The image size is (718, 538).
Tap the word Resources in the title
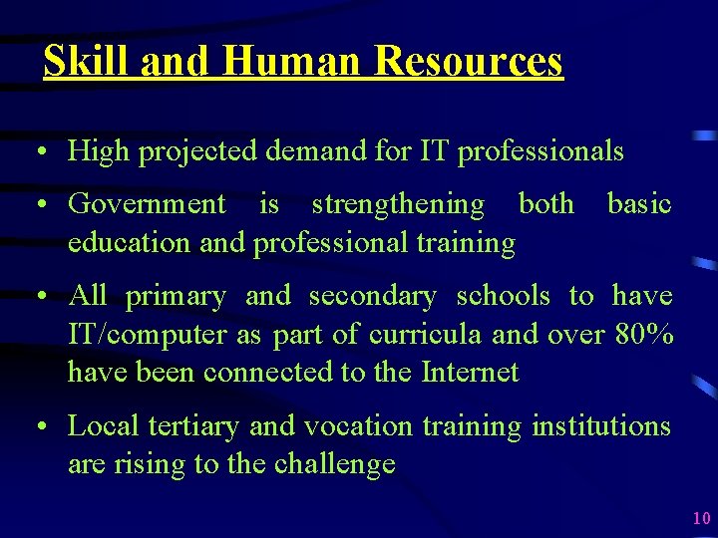click(x=469, y=62)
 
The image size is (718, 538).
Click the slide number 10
click(x=701, y=518)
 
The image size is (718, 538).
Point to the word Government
click(x=147, y=204)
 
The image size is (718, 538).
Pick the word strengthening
click(x=397, y=204)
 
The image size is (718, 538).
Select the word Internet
click(x=471, y=372)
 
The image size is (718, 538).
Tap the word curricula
click(x=426, y=334)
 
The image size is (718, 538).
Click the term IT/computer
click(x=147, y=334)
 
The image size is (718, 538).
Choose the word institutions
click(x=601, y=426)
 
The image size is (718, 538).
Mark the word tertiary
click(x=193, y=426)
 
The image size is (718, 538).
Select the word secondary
click(x=372, y=296)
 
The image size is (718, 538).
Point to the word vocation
click(x=358, y=426)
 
